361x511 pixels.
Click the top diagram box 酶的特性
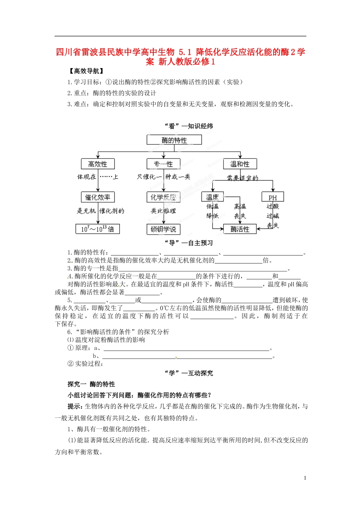pyautogui.click(x=174, y=140)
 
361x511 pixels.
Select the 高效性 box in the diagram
pyautogui.click(x=98, y=164)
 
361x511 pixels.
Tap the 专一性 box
pyautogui.click(x=163, y=164)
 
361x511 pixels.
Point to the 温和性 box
pyautogui.click(x=240, y=164)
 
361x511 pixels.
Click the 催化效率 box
pyautogui.click(x=98, y=197)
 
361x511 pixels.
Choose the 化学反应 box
pyautogui.click(x=163, y=197)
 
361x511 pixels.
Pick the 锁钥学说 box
pyautogui.click(x=163, y=229)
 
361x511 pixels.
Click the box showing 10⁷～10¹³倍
pyautogui.click(x=97, y=229)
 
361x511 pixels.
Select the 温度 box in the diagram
pyautogui.click(x=212, y=197)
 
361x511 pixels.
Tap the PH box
pyautogui.click(x=272, y=197)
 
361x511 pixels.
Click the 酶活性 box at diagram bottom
pyautogui.click(x=240, y=229)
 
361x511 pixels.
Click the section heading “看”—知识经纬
pyautogui.click(x=188, y=126)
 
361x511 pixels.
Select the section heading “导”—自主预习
pyautogui.click(x=188, y=243)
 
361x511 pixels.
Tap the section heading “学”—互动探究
pyautogui.click(x=188, y=373)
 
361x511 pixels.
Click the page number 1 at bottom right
pyautogui.click(x=305, y=478)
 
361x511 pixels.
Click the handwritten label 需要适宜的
pyautogui.click(x=242, y=178)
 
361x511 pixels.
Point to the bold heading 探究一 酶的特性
pyautogui.click(x=91, y=384)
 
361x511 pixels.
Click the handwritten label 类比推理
pyautogui.click(x=163, y=211)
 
